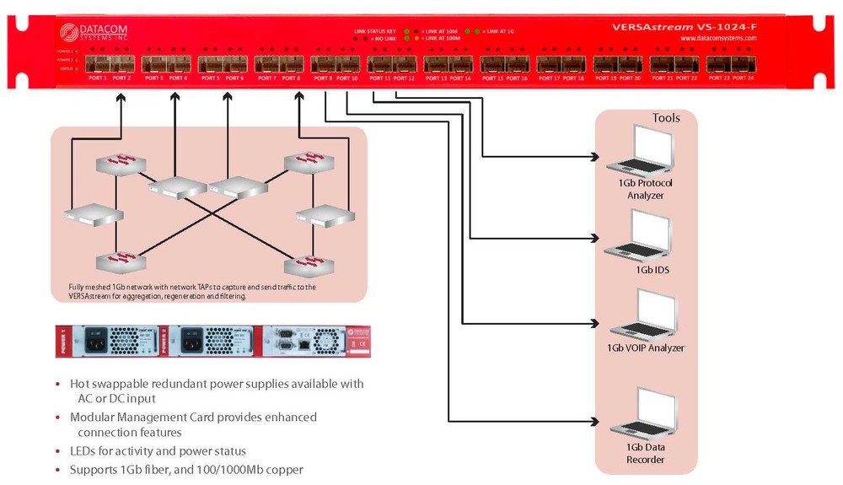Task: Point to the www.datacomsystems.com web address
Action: pos(718,39)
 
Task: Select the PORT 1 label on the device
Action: pos(98,78)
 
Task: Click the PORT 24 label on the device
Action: pos(743,78)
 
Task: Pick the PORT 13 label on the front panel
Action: pos(438,78)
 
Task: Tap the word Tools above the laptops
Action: pos(666,118)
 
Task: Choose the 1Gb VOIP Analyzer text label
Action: pos(646,348)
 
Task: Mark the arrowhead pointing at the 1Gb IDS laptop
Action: pos(596,240)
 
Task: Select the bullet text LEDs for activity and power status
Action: pos(158,450)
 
